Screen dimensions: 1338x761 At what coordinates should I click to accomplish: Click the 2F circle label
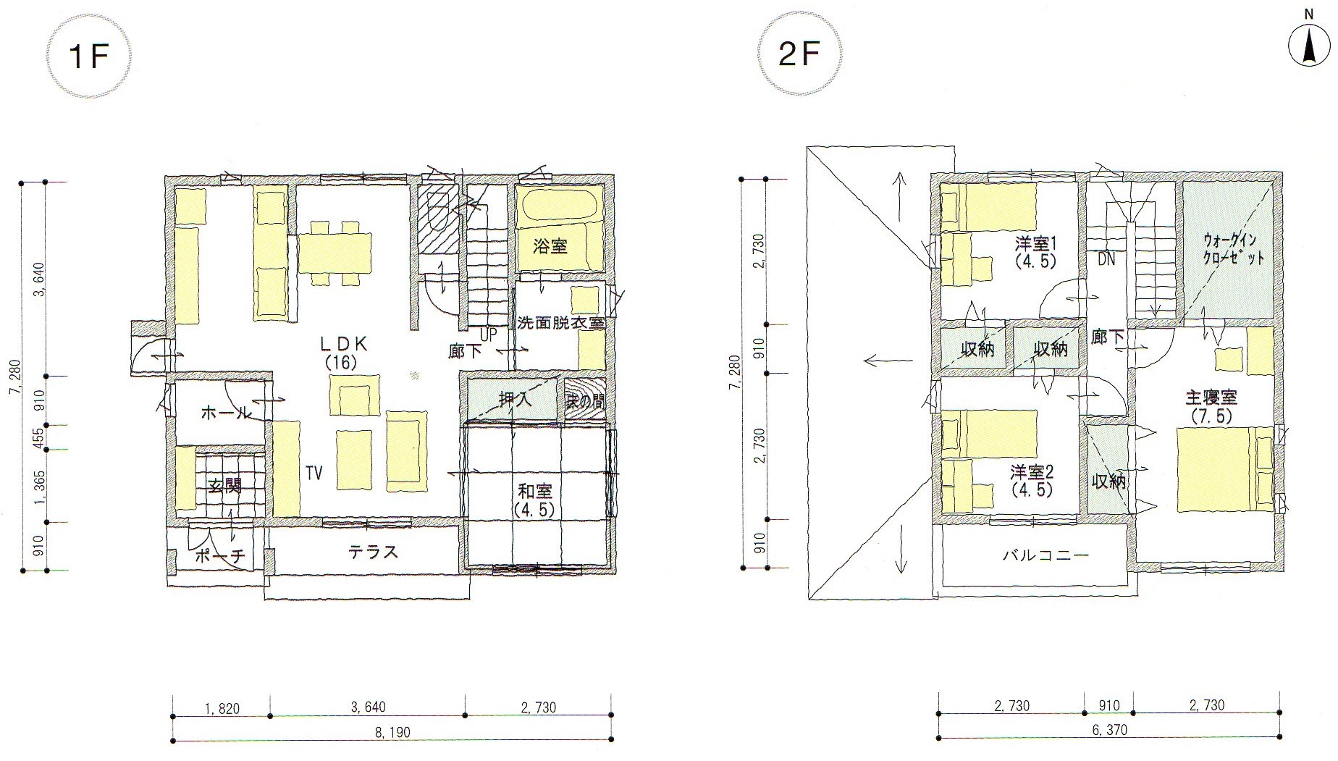click(799, 55)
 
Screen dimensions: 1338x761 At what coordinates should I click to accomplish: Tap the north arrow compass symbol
click(1310, 45)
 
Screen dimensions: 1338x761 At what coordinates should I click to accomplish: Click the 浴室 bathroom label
click(550, 246)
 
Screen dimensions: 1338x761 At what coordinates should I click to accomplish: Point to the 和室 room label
click(534, 500)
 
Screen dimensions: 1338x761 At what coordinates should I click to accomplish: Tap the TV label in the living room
click(314, 473)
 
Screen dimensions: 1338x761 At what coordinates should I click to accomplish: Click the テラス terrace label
click(373, 552)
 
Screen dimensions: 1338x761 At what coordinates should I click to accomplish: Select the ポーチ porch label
click(220, 556)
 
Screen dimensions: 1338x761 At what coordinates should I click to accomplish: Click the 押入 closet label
click(516, 399)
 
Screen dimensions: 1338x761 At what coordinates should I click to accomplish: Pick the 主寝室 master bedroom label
click(1211, 405)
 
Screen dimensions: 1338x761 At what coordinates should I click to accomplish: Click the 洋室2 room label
click(1032, 481)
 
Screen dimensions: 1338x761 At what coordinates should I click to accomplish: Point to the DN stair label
click(1106, 259)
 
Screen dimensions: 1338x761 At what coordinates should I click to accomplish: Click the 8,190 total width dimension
click(392, 732)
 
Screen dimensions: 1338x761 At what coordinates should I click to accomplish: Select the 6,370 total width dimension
click(1108, 730)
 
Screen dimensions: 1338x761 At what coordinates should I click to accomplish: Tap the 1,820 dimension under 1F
click(221, 707)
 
